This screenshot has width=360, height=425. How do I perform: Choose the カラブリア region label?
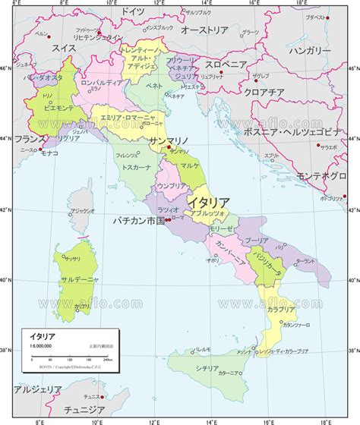click(x=281, y=310)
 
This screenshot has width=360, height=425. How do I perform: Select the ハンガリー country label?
click(x=312, y=50)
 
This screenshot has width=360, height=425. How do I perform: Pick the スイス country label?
click(x=65, y=47)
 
